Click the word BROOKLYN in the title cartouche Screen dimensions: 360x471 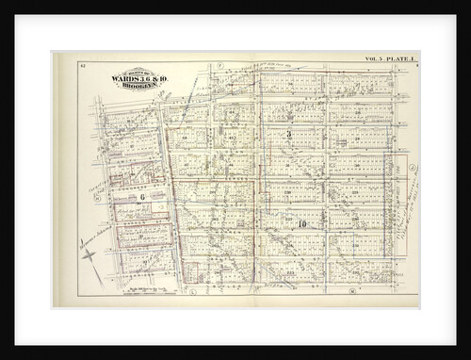[135, 83]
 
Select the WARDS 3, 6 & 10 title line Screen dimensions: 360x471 [135, 76]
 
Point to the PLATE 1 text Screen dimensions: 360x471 [401, 59]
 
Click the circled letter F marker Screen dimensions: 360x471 [219, 66]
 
